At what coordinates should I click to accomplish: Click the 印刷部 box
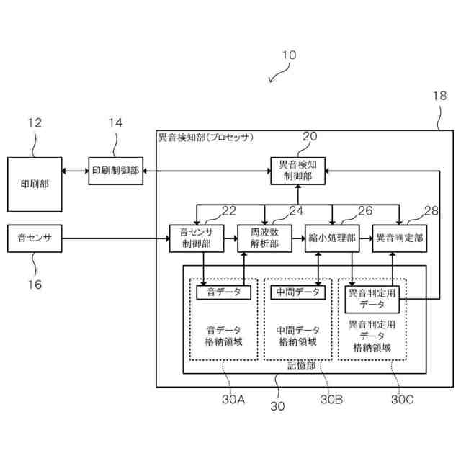tap(35, 184)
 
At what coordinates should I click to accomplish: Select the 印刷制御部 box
tap(116, 171)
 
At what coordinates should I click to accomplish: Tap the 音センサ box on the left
tap(35, 238)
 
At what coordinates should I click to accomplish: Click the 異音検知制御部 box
tap(297, 171)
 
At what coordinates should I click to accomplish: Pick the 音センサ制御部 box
tap(197, 238)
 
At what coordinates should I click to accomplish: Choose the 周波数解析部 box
tap(264, 238)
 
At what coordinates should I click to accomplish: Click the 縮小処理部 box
tap(332, 238)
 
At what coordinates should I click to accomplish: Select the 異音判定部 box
tap(400, 238)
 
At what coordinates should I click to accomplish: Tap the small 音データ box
tap(224, 292)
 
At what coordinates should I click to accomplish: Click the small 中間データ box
tap(297, 292)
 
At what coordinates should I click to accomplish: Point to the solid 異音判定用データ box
tap(372, 300)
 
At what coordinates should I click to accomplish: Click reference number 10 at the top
tap(289, 55)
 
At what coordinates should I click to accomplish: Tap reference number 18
tap(439, 96)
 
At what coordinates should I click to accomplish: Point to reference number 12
tap(35, 122)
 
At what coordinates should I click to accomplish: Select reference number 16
tap(35, 285)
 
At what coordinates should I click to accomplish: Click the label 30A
tap(233, 399)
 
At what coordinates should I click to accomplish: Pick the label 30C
tap(403, 399)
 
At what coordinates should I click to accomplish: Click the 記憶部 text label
tap(301, 365)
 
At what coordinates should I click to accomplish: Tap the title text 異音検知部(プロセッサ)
tap(206, 138)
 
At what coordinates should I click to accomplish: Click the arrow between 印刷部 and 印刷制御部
tap(75, 171)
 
